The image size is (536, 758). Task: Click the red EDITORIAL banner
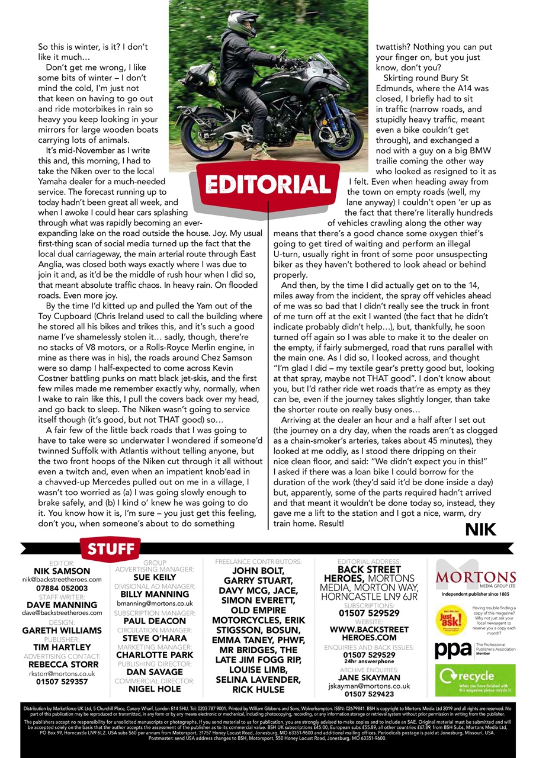click(x=268, y=184)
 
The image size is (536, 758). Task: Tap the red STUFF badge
click(x=112, y=549)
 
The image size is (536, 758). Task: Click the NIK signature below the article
click(x=480, y=529)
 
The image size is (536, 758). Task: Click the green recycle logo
click(x=475, y=680)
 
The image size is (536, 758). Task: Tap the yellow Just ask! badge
click(x=451, y=616)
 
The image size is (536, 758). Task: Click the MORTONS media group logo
click(x=476, y=578)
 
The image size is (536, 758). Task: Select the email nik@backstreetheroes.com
click(x=62, y=579)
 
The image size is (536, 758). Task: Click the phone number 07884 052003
click(x=62, y=588)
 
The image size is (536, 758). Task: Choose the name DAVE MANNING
click(x=62, y=605)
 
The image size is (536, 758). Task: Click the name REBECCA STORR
click(x=62, y=664)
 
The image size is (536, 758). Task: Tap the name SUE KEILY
click(x=155, y=577)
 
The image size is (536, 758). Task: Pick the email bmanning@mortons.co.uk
click(x=155, y=603)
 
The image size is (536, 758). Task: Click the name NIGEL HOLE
click(x=155, y=689)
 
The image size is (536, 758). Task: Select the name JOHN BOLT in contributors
click(x=258, y=571)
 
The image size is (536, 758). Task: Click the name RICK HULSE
click(x=258, y=689)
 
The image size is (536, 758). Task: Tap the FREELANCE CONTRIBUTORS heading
click(x=258, y=561)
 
